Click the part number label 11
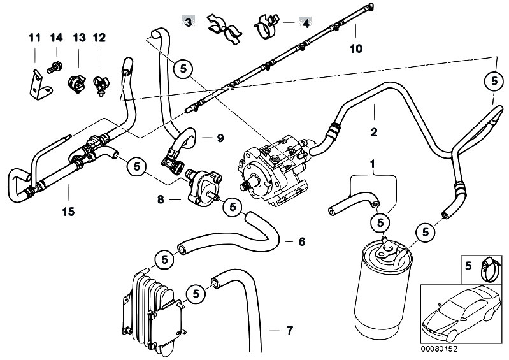tap(34, 38)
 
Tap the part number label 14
tap(57, 38)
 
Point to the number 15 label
tap(68, 212)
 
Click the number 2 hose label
tap(375, 133)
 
